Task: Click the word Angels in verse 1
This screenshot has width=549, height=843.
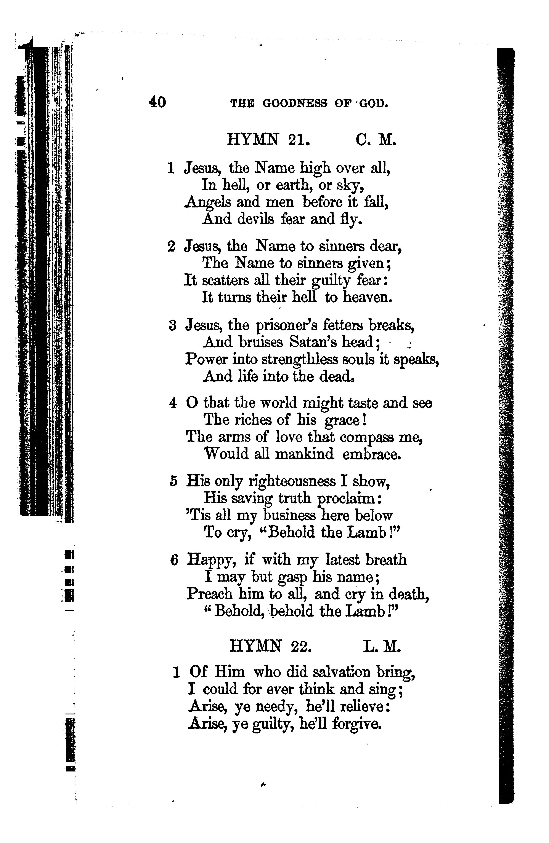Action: pos(208,203)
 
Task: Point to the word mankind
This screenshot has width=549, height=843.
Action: pos(304,454)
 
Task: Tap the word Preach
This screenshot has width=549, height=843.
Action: pos(209,594)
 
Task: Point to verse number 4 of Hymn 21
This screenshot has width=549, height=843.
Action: pos(173,403)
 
